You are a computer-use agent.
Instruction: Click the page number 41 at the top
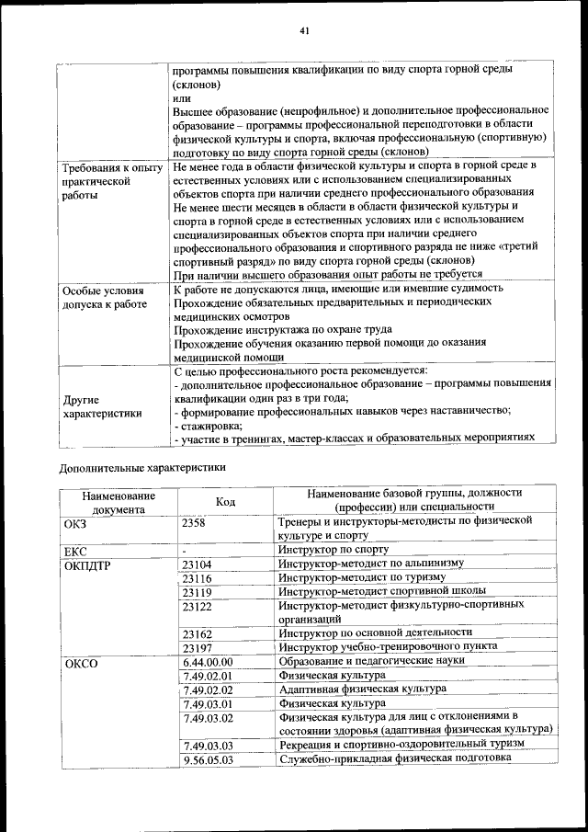303,31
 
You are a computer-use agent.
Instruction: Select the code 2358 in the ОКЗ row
194,521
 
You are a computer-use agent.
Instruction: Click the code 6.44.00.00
208,661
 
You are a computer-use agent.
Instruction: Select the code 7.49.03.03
208,745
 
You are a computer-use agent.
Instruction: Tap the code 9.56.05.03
208,759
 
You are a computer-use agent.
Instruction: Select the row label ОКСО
81,662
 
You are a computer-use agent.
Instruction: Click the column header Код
225,501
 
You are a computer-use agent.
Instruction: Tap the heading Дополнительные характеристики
141,466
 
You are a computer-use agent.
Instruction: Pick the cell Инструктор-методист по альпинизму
371,564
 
